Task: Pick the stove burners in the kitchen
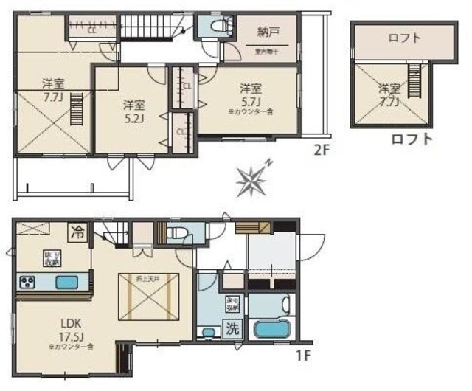pos(29,283)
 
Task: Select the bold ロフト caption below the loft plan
pos(412,138)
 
